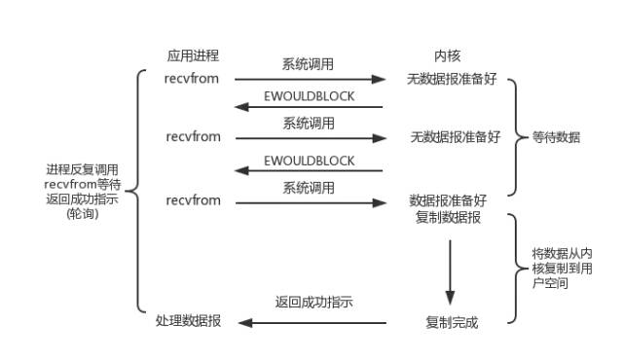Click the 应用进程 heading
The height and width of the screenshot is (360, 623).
click(194, 55)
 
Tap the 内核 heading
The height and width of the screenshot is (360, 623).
click(447, 55)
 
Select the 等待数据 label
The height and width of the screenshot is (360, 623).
click(558, 137)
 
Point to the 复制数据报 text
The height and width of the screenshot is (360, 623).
click(448, 217)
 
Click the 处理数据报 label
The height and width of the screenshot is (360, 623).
click(189, 322)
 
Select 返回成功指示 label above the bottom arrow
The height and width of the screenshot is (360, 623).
click(313, 303)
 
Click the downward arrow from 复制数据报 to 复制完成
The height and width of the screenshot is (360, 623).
click(450, 270)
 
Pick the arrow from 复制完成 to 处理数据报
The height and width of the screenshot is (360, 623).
click(312, 322)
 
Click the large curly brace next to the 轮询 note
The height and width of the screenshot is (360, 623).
click(137, 189)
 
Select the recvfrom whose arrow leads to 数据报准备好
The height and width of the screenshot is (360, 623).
click(193, 200)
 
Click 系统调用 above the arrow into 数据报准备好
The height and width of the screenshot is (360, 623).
click(309, 186)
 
